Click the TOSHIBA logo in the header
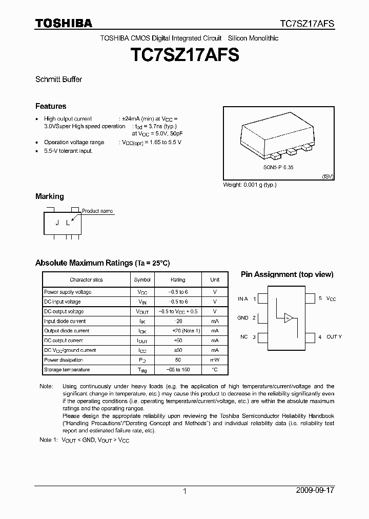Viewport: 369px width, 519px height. click(64, 23)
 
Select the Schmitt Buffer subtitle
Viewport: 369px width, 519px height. click(58, 79)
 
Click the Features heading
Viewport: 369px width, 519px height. click(51, 106)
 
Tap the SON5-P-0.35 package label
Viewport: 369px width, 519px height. click(279, 167)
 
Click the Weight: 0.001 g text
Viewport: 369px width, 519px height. click(250, 185)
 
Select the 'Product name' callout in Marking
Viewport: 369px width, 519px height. click(97, 211)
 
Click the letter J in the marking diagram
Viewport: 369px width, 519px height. click(57, 223)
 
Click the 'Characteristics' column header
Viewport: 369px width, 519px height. click(86, 280)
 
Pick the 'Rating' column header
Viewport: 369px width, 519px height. click(178, 280)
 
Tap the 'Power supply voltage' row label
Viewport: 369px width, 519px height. click(68, 292)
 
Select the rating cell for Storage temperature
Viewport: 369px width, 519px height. click(178, 370)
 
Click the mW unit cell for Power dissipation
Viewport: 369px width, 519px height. click(215, 360)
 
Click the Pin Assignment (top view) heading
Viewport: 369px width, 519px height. click(287, 274)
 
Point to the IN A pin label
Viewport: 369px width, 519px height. click(242, 298)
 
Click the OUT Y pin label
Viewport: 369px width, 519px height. click(334, 337)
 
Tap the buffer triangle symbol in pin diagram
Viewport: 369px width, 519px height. click(289, 318)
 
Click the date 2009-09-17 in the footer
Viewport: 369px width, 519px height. click(315, 490)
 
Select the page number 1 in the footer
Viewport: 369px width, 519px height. click(184, 491)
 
